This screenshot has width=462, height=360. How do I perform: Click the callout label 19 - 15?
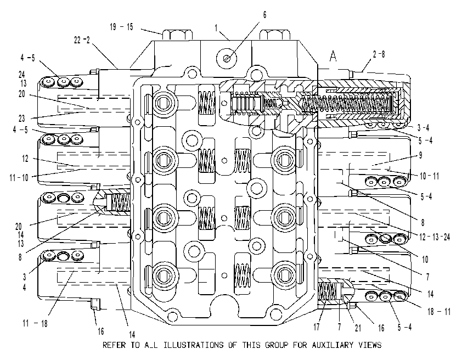pos(121,27)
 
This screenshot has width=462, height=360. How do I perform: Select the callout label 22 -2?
pos(82,40)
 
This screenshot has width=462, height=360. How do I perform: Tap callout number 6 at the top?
pos(264,15)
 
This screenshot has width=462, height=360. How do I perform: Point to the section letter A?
pos(333,56)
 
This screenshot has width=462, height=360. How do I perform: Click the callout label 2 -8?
pos(379,54)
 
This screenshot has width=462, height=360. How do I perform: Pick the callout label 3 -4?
pos(423,127)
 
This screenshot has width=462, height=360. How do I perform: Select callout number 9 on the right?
pos(420,155)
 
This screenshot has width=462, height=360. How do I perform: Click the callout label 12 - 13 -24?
pos(435,237)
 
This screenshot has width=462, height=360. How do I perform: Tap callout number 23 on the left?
pos(22,119)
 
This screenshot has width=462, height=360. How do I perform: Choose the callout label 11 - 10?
pos(19,178)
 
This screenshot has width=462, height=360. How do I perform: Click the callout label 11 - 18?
pos(35,323)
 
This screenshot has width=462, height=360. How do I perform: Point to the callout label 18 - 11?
pos(439,311)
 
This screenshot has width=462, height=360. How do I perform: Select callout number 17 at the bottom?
pos(317,327)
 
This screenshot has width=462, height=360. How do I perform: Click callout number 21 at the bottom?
pos(358,328)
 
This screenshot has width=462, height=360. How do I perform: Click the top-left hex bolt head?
pos(177,35)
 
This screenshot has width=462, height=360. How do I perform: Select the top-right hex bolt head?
pos(274,35)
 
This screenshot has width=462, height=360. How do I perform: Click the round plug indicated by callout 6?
pos(227,58)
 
